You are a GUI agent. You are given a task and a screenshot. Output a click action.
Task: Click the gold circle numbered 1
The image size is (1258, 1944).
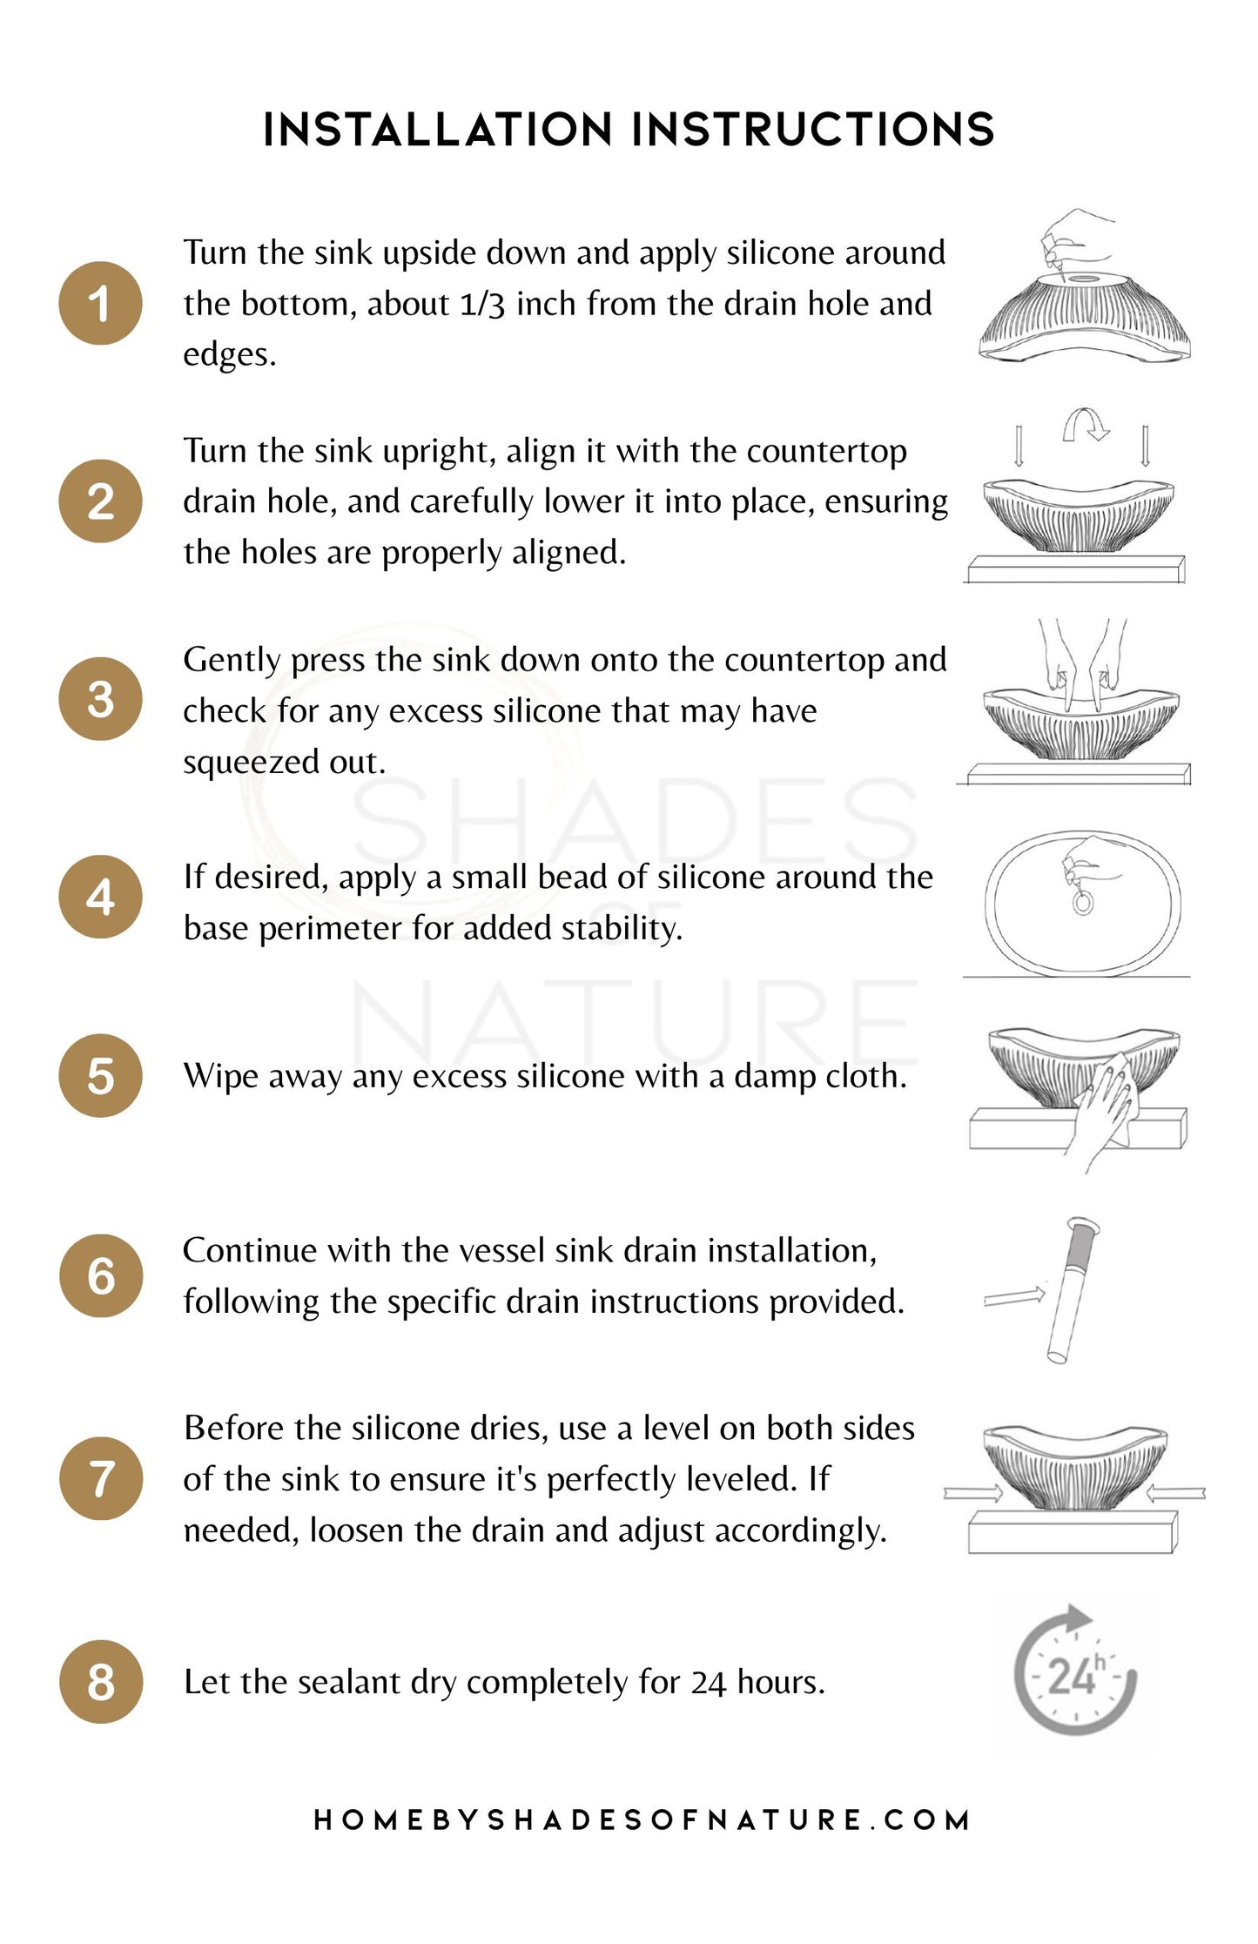(x=100, y=303)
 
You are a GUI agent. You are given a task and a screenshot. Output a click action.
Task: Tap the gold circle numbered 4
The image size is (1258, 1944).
(x=100, y=897)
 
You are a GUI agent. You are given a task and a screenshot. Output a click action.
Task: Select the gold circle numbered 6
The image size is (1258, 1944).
(x=101, y=1275)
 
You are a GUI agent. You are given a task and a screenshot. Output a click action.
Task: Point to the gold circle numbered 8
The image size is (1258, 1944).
(x=101, y=1682)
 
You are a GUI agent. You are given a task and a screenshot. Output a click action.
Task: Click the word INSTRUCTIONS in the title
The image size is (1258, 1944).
(x=813, y=130)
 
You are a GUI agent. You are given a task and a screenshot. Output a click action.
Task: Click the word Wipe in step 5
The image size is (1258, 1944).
(x=219, y=1077)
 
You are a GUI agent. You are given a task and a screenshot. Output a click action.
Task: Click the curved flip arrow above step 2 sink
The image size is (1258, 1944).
(x=1086, y=425)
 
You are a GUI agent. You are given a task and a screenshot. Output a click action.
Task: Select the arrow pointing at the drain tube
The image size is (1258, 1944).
(x=1014, y=1296)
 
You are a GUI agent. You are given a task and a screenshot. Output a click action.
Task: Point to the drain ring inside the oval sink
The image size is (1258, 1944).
(x=1082, y=903)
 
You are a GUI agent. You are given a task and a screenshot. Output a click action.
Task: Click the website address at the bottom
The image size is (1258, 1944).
(x=642, y=1820)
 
